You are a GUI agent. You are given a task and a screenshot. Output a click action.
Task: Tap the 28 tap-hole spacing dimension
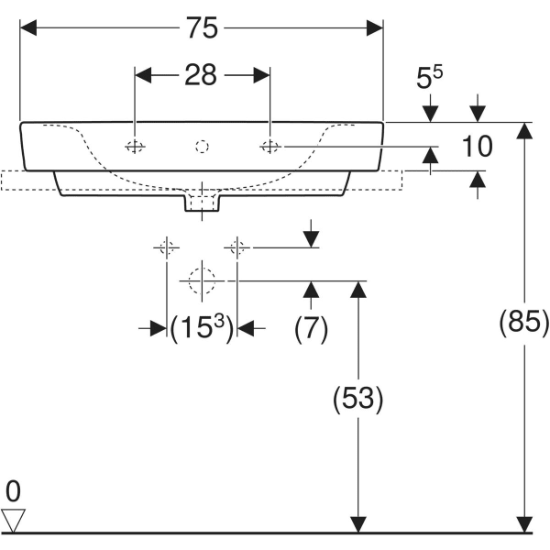pyautogui.click(x=202, y=75)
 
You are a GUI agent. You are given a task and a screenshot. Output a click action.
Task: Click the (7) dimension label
pyautogui.click(x=312, y=327)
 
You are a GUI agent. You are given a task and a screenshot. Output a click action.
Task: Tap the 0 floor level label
pyautogui.click(x=12, y=490)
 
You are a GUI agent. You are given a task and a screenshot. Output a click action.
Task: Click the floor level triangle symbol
pyautogui.click(x=13, y=520)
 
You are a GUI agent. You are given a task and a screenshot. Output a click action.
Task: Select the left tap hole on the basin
pyautogui.click(x=135, y=147)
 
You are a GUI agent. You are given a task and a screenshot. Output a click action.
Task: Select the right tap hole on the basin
pyautogui.click(x=269, y=147)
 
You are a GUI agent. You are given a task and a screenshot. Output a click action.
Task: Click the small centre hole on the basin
pyautogui.click(x=203, y=146)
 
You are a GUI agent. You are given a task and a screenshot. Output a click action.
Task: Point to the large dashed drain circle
pyautogui.click(x=202, y=280)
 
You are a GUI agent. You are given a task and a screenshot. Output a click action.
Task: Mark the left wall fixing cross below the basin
pyautogui.click(x=166, y=247)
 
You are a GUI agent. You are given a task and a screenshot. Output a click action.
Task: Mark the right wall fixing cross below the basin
pyautogui.click(x=237, y=247)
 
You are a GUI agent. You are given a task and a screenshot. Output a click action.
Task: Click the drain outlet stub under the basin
pyautogui.click(x=202, y=203)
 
